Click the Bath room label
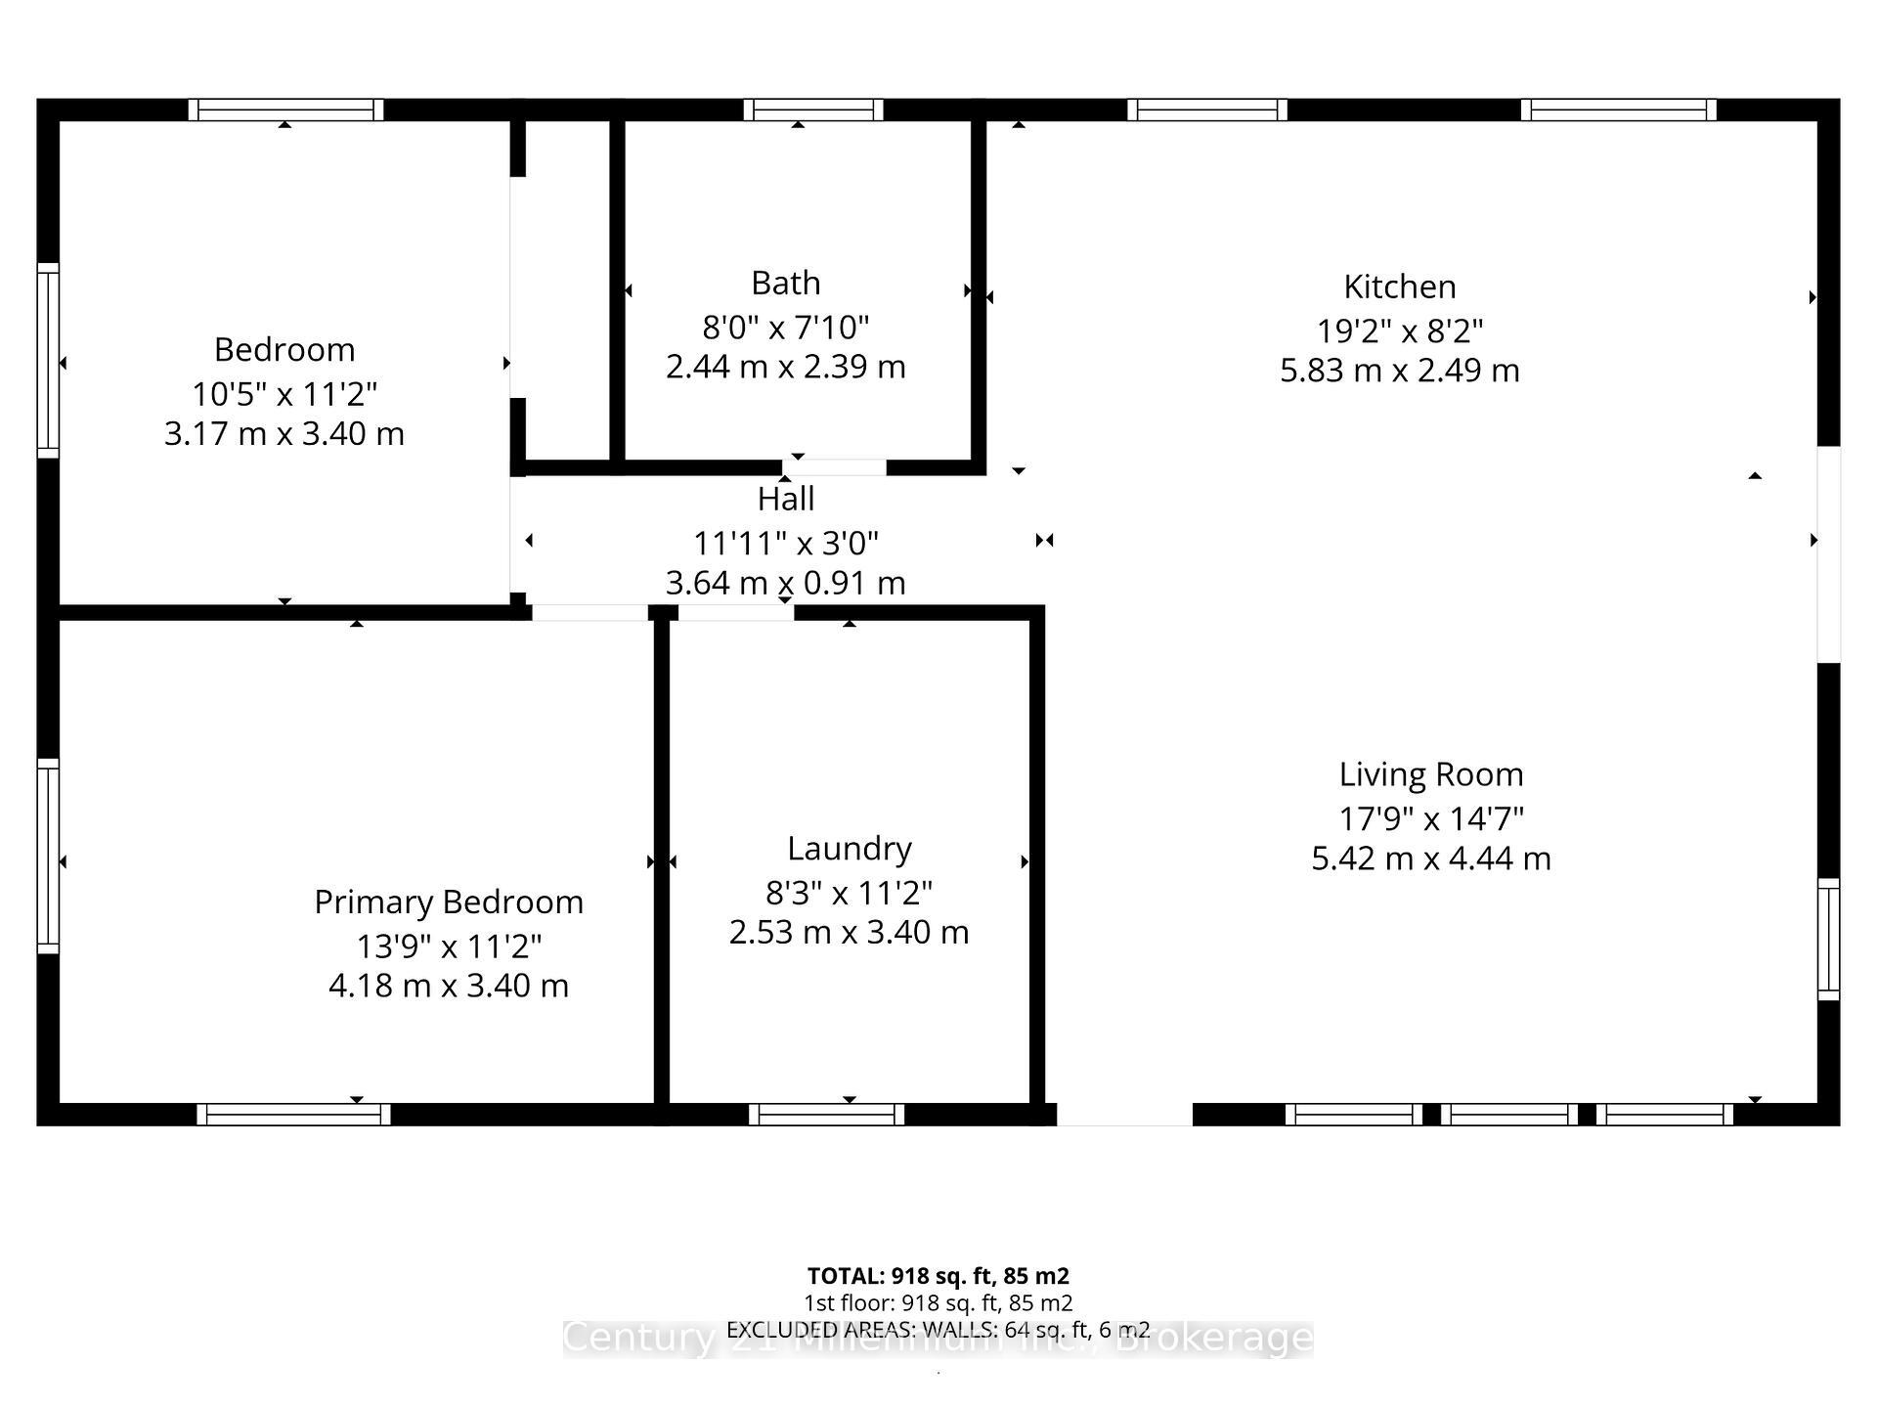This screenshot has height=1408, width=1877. [785, 283]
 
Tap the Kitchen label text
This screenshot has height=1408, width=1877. [1399, 286]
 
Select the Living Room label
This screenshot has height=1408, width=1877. [1430, 774]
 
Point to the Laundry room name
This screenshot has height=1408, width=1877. [849, 848]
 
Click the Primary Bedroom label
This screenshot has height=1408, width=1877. [448, 902]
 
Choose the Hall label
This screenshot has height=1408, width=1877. [785, 499]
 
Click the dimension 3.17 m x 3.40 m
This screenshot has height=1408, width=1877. [284, 433]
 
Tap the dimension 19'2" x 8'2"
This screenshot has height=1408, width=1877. [1399, 330]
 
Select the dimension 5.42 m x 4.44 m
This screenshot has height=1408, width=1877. [1430, 858]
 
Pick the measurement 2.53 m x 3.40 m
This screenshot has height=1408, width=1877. [849, 932]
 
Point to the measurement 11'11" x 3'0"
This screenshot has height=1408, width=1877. [785, 542]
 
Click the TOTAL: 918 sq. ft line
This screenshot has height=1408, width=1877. [938, 1276]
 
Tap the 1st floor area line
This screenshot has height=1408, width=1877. [938, 1303]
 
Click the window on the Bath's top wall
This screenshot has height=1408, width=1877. [812, 110]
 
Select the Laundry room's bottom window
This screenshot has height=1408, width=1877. [827, 1115]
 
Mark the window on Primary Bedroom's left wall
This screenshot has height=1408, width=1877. [48, 856]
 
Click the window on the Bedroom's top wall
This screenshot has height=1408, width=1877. [285, 110]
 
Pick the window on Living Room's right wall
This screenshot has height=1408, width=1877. [1828, 939]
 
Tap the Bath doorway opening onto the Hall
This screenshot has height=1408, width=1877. [834, 467]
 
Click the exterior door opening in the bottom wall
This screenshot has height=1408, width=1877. [1124, 1115]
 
